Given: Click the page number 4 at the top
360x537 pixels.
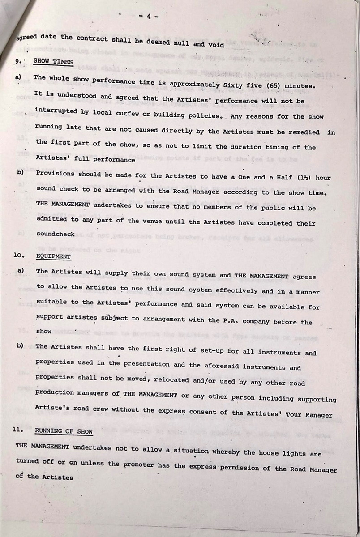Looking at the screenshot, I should pos(148,17).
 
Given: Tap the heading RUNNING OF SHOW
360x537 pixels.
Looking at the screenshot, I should pos(63,432).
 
